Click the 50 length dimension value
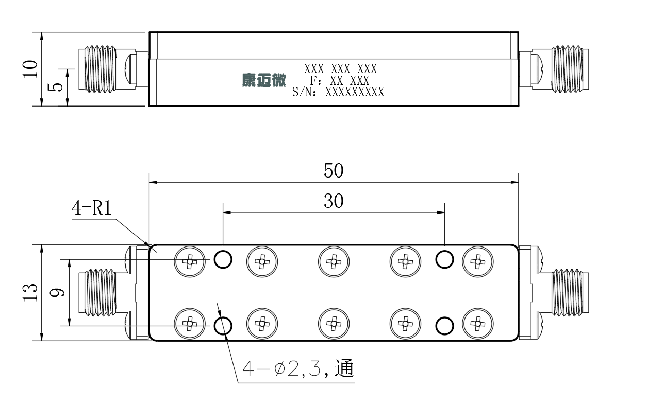[x=334, y=170]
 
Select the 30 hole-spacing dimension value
[x=334, y=201]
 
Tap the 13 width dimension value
[x=30, y=292]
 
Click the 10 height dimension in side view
[x=30, y=69]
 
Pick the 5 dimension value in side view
[x=55, y=87]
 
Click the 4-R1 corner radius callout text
[x=91, y=208]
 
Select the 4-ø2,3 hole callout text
[x=298, y=368]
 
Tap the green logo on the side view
[x=264, y=80]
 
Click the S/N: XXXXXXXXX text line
[x=338, y=92]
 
